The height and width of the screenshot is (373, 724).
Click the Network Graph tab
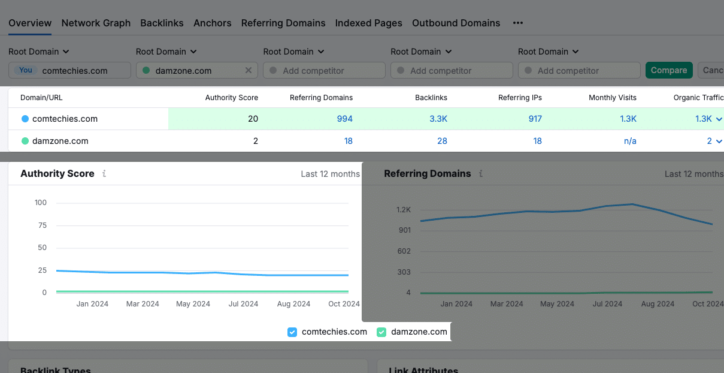[x=96, y=23]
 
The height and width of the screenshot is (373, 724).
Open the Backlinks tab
[x=162, y=23]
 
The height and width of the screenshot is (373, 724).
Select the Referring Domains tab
[x=283, y=23]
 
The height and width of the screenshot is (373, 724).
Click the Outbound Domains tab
[x=456, y=23]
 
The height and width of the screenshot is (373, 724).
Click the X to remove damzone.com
[x=249, y=70]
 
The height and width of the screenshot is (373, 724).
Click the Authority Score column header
[x=231, y=97]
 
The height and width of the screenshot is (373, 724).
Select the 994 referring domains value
[x=344, y=119]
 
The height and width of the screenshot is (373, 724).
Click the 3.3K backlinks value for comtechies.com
[x=438, y=119]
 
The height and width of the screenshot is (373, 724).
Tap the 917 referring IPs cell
[x=535, y=119]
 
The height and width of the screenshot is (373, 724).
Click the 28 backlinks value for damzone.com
[x=442, y=141]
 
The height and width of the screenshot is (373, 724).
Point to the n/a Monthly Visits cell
[x=630, y=141]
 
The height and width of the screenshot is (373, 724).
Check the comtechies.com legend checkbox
[x=292, y=332]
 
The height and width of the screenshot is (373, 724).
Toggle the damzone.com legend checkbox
[x=381, y=332]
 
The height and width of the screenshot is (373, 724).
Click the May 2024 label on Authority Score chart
[x=193, y=304]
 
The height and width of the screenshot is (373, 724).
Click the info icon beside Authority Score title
[x=104, y=174]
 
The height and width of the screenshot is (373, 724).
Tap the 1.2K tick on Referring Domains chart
[x=404, y=210]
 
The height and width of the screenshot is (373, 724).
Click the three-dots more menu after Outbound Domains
[x=518, y=23]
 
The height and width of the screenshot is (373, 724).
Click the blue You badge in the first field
[x=26, y=70]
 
